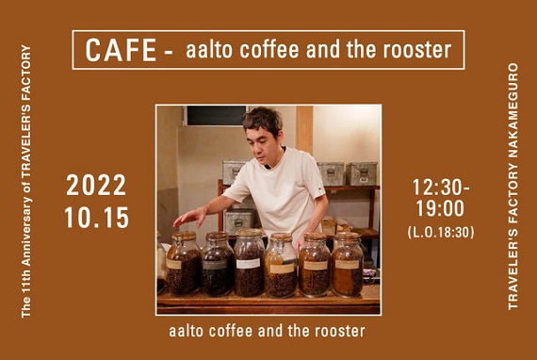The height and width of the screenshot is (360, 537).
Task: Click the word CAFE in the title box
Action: point(121,50)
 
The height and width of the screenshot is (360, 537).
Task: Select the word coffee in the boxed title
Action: point(269,50)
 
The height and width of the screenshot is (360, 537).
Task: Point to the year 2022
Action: point(96,186)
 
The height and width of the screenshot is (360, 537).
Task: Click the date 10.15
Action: point(97,218)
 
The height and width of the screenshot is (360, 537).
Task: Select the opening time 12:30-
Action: point(441,188)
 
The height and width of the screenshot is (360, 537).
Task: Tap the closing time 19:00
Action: point(440,208)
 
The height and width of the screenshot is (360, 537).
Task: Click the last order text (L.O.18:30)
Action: point(441,232)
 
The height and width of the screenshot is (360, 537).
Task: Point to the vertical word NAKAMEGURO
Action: point(513,110)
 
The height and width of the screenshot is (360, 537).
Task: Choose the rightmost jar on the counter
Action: point(348,264)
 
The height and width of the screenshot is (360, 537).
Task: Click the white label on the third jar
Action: point(249,264)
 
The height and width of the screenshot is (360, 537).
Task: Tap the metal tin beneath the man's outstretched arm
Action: point(238,221)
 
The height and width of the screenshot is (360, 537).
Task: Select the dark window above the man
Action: point(217,115)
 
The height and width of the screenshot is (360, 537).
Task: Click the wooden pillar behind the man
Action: point(304,129)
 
